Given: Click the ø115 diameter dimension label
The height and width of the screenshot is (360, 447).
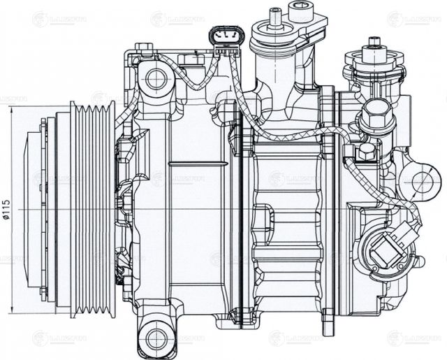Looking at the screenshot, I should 7,210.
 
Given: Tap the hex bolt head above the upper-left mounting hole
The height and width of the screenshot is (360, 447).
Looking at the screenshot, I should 145,49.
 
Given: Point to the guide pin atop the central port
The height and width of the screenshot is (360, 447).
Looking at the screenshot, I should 274,12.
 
